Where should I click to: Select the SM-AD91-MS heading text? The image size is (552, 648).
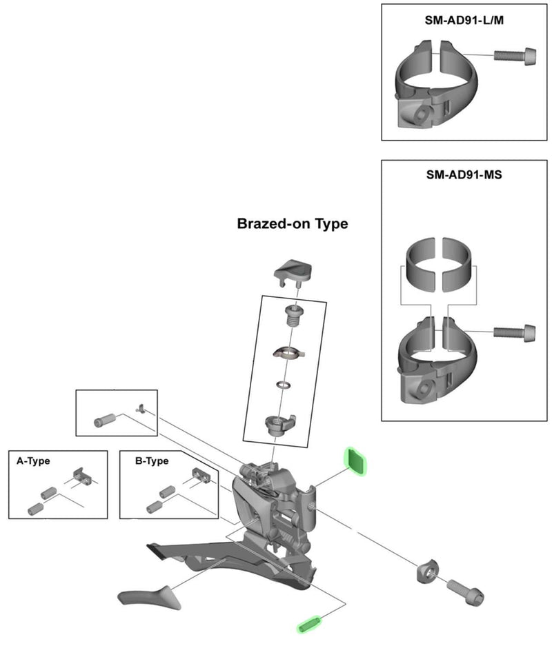click(x=464, y=175)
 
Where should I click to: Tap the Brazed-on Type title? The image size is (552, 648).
click(x=292, y=224)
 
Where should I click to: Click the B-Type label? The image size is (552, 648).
click(x=152, y=461)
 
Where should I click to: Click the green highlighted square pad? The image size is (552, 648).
click(x=357, y=460)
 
